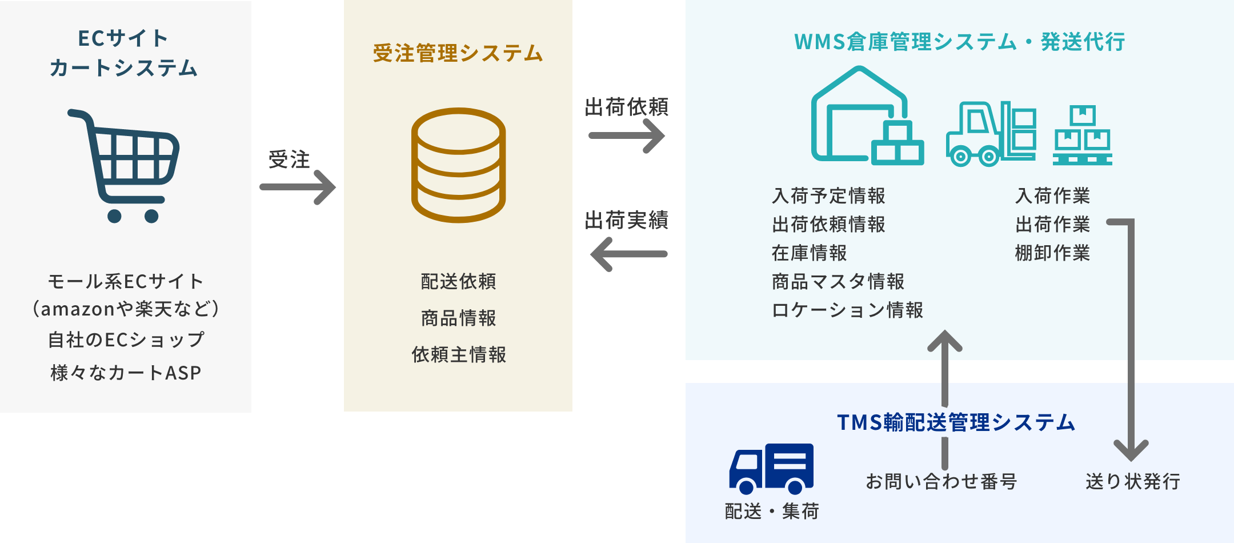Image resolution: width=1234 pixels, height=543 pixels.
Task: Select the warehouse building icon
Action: tap(866, 117)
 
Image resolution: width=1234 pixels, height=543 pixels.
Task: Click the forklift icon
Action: tap(991, 135)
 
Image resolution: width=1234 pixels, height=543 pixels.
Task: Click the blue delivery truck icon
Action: tap(771, 469)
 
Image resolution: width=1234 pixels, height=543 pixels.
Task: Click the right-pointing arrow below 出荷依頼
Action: tap(627, 136)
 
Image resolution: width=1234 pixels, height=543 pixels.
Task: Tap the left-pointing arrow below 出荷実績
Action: tap(628, 254)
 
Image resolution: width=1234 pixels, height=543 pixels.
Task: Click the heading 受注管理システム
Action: tap(458, 53)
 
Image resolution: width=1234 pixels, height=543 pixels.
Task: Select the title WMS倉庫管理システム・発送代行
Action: tap(960, 42)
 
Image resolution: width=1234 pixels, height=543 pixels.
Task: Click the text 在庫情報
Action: tap(809, 253)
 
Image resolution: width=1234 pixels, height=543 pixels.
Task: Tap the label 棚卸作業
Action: tap(1052, 253)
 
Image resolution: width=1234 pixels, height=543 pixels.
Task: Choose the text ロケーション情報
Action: tap(847, 310)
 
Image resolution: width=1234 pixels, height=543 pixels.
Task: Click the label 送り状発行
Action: tap(1133, 481)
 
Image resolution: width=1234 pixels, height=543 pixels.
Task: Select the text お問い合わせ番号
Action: tap(941, 481)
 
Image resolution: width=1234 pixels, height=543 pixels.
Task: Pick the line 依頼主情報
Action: tap(459, 354)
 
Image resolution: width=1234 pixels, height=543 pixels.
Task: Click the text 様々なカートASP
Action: tap(126, 373)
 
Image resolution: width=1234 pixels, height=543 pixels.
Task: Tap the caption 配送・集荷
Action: tap(772, 510)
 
